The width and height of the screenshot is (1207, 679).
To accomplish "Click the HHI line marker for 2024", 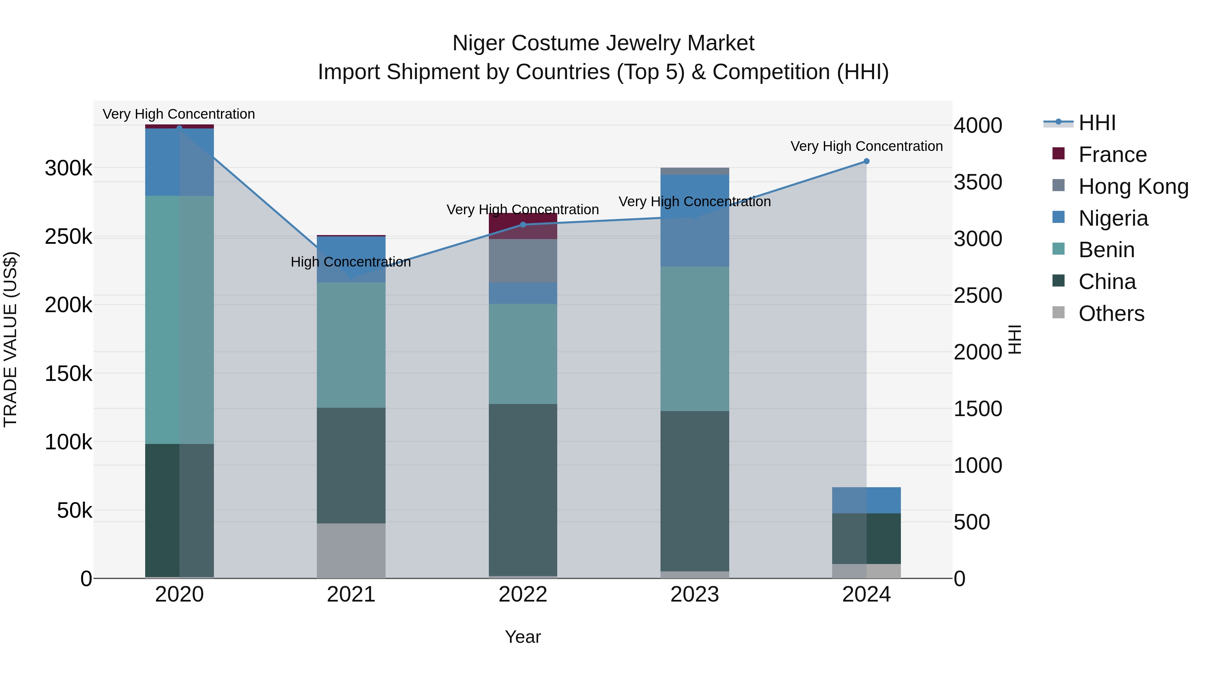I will pos(866,161).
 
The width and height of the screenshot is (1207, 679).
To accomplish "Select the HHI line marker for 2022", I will pos(523,224).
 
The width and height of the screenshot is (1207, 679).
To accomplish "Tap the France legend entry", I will pos(1112,155).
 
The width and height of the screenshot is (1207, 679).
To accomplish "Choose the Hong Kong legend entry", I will pos(1133,186).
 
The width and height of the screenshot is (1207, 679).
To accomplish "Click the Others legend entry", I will pos(1111,314).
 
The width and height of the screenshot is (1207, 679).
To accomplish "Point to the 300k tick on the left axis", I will pos(68,168).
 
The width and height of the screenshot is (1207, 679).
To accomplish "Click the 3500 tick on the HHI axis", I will pos(977,182).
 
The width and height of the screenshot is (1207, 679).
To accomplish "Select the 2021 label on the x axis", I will pos(351,595).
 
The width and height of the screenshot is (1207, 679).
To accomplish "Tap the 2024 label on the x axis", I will pos(866,595).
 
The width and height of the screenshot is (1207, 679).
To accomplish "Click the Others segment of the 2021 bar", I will pos(351,551).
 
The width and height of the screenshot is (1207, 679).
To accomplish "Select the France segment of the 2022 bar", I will pos(523,226).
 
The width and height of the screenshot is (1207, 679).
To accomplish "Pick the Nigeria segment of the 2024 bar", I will pos(866,500).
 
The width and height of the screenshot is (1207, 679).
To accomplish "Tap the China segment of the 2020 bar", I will pos(179,511).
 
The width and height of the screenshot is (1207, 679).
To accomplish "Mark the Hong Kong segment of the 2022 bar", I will pos(523,261).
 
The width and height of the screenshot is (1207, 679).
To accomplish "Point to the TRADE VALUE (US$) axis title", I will pos(10,339).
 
